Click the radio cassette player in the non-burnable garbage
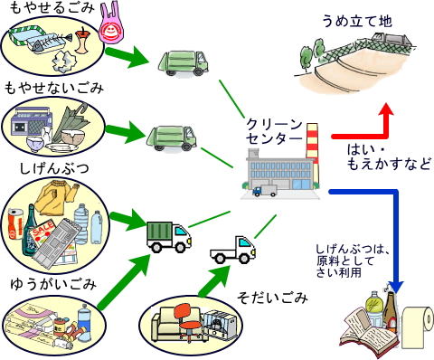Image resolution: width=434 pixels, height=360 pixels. [31, 126]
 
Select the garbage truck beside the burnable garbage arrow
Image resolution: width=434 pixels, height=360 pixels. [176, 61]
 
